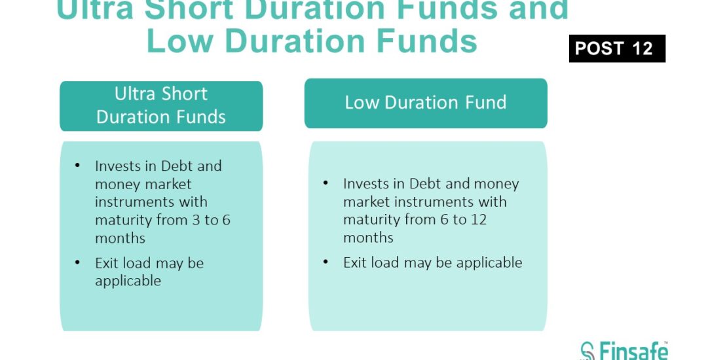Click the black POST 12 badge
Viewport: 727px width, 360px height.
click(x=617, y=48)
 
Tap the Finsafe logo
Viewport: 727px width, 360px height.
click(x=624, y=351)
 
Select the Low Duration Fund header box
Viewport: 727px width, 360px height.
click(x=426, y=103)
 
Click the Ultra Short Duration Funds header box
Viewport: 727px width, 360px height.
click(x=161, y=105)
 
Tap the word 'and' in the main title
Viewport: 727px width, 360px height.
click(x=538, y=10)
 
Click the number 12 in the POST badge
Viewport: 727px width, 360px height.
click(x=643, y=48)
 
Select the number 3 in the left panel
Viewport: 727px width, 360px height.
click(x=196, y=220)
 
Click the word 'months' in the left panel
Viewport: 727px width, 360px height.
click(x=120, y=238)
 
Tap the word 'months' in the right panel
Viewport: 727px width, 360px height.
click(x=368, y=238)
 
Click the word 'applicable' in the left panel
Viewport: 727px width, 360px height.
click(x=128, y=281)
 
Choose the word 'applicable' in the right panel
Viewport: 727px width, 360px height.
click(x=489, y=263)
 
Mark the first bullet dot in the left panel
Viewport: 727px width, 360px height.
click(x=77, y=166)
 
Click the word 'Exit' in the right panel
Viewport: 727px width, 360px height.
click(x=355, y=262)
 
